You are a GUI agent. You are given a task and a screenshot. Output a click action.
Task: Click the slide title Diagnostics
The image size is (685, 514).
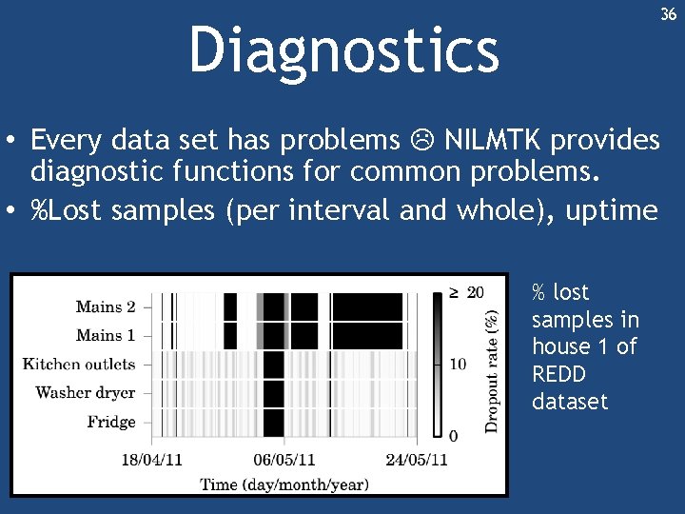click(x=343, y=49)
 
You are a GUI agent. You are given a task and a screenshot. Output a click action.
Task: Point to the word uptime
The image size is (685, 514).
click(x=612, y=209)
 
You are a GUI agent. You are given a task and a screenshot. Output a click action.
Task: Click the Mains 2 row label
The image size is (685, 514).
click(x=106, y=306)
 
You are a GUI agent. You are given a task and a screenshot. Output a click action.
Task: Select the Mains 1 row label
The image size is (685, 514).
click(x=106, y=335)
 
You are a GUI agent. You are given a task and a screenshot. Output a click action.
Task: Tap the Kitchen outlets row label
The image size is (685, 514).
click(x=79, y=364)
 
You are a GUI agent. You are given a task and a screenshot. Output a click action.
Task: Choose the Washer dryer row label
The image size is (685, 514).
click(x=86, y=392)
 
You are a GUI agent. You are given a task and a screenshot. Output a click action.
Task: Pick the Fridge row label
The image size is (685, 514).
click(x=111, y=422)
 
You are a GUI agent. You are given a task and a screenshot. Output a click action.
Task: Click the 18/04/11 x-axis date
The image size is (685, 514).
click(x=152, y=461)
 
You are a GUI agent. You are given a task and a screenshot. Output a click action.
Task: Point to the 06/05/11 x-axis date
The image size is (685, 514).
click(x=284, y=461)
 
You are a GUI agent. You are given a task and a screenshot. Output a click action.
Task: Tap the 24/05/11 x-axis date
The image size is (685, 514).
click(x=417, y=461)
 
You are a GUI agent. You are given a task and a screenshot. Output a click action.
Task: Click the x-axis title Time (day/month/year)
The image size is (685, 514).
click(x=284, y=484)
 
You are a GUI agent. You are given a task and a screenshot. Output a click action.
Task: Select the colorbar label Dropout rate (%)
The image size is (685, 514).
click(x=492, y=363)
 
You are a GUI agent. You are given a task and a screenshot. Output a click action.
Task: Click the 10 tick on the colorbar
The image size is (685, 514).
click(x=458, y=364)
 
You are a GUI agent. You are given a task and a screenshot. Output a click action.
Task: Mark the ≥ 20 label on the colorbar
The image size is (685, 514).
click(x=466, y=291)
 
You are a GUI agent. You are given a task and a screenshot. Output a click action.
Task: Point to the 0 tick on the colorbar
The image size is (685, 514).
click(x=453, y=435)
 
